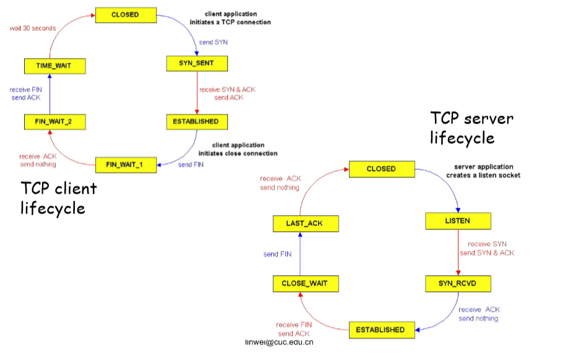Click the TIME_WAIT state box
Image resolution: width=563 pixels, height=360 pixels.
(x=54, y=66)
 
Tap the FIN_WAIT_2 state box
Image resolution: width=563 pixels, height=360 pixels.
(x=54, y=122)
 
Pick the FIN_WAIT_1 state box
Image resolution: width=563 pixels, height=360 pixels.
(x=126, y=165)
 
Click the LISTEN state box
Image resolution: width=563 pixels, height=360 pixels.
(x=457, y=221)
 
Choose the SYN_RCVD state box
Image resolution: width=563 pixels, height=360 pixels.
(x=458, y=284)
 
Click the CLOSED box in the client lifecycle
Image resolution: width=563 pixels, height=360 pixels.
(x=125, y=14)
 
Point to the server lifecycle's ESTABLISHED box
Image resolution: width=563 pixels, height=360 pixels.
(x=380, y=330)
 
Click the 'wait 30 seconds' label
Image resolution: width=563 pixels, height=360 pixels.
(x=32, y=28)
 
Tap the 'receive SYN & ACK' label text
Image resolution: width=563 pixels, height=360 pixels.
(x=227, y=90)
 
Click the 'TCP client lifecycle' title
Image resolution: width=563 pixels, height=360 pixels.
(x=59, y=197)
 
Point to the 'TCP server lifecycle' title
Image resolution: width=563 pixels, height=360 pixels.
(x=471, y=127)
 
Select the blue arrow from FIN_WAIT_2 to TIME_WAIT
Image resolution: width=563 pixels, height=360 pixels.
(x=50, y=94)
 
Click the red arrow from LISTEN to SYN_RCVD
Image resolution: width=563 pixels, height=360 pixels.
(x=458, y=252)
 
